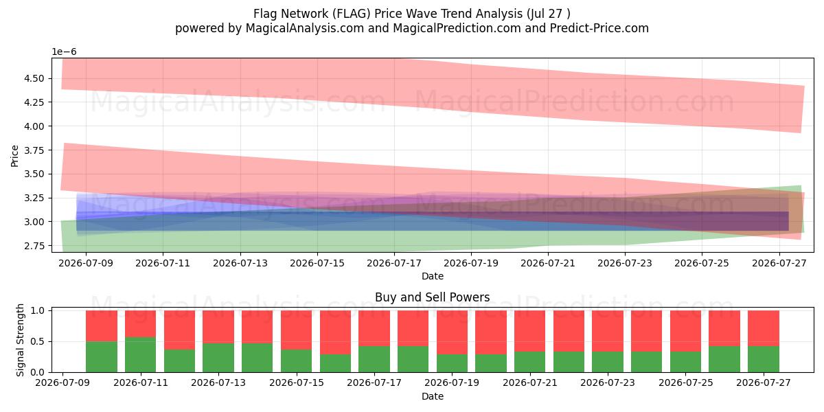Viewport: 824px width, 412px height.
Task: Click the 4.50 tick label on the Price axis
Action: point(34,78)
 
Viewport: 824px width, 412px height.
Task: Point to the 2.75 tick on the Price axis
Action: point(34,246)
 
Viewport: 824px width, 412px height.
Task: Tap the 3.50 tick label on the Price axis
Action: point(34,174)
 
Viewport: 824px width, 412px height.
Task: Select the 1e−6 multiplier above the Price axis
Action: point(64,52)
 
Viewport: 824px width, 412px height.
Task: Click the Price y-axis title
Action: point(14,156)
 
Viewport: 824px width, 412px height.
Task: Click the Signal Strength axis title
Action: point(20,340)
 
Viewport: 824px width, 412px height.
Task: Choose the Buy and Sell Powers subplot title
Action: point(432,297)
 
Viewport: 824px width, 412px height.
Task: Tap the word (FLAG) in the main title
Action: point(352,14)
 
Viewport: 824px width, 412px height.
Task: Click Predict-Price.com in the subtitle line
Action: point(599,28)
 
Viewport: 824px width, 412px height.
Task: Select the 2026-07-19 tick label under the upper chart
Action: point(471,264)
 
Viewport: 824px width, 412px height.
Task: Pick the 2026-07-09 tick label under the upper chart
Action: point(86,264)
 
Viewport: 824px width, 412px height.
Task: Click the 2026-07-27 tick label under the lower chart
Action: point(764,383)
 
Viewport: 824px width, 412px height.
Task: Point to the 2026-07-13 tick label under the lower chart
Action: point(218,383)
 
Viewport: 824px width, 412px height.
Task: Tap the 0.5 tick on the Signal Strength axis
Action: point(38,342)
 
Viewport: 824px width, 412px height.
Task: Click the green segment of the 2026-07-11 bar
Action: point(141,354)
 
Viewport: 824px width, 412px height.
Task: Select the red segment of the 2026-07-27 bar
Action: point(764,328)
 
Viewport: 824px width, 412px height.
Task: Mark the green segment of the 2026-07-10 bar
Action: point(102,357)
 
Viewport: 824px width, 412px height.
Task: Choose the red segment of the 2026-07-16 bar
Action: point(336,332)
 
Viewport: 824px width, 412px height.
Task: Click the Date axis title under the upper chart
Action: point(432,276)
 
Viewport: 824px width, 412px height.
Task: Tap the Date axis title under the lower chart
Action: point(432,397)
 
